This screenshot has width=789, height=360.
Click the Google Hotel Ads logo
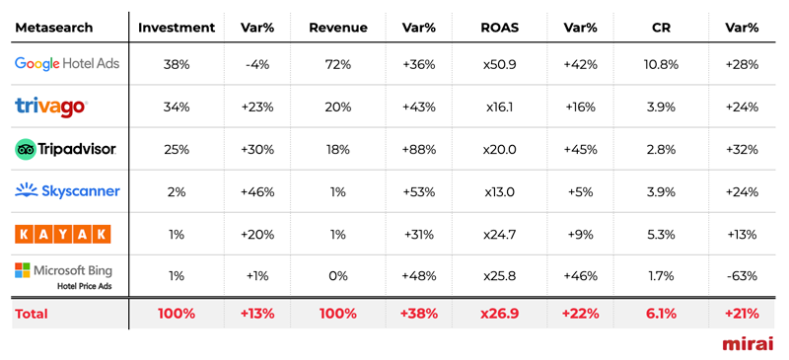coord(67,64)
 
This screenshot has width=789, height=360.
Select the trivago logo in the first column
coord(51,107)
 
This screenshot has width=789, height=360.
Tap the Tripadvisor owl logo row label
coord(66,149)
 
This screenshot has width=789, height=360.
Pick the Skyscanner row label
coord(67,191)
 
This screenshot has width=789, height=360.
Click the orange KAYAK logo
coord(63,234)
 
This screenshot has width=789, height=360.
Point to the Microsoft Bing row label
coord(64,275)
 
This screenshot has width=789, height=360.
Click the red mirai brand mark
coord(748,343)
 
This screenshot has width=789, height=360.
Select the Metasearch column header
coord(54,28)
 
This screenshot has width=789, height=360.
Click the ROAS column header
coord(500,28)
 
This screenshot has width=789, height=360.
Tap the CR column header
coord(661,28)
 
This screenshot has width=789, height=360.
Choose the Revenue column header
coord(338,28)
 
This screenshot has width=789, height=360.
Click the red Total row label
coord(32,314)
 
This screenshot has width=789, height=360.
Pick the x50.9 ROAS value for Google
coord(500,64)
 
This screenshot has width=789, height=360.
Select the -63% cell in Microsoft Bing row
coord(742,276)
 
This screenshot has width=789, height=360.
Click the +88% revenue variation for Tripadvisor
coord(419,149)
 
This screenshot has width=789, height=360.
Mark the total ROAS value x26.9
coord(500,314)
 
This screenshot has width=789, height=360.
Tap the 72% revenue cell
coord(338,64)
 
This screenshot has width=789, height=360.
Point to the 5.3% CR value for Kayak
coord(661,234)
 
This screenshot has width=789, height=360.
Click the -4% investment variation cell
coord(257,64)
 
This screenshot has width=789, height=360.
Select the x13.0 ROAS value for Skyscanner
coord(500,191)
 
